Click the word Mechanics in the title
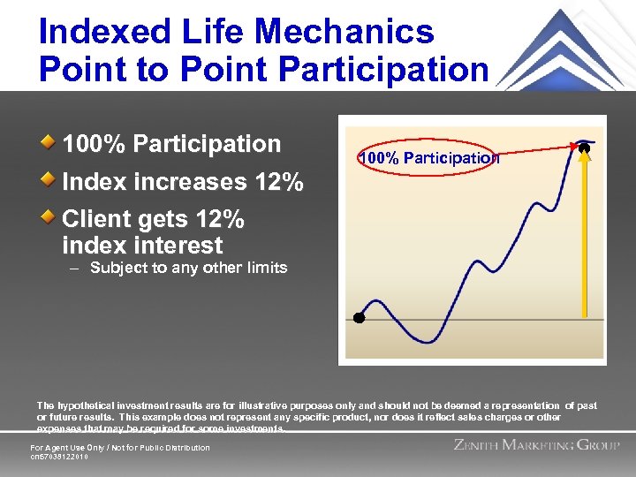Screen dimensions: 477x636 tap(356, 32)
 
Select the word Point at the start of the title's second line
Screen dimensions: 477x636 tap(82, 69)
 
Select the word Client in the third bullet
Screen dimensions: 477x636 tap(98, 218)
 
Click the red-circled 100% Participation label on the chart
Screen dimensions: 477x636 tap(428, 158)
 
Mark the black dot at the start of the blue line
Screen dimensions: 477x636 tap(359, 317)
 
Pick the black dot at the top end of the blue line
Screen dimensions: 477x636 tap(584, 149)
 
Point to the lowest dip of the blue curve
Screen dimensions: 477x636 tap(428, 340)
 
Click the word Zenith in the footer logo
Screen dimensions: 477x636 tap(483, 445)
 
